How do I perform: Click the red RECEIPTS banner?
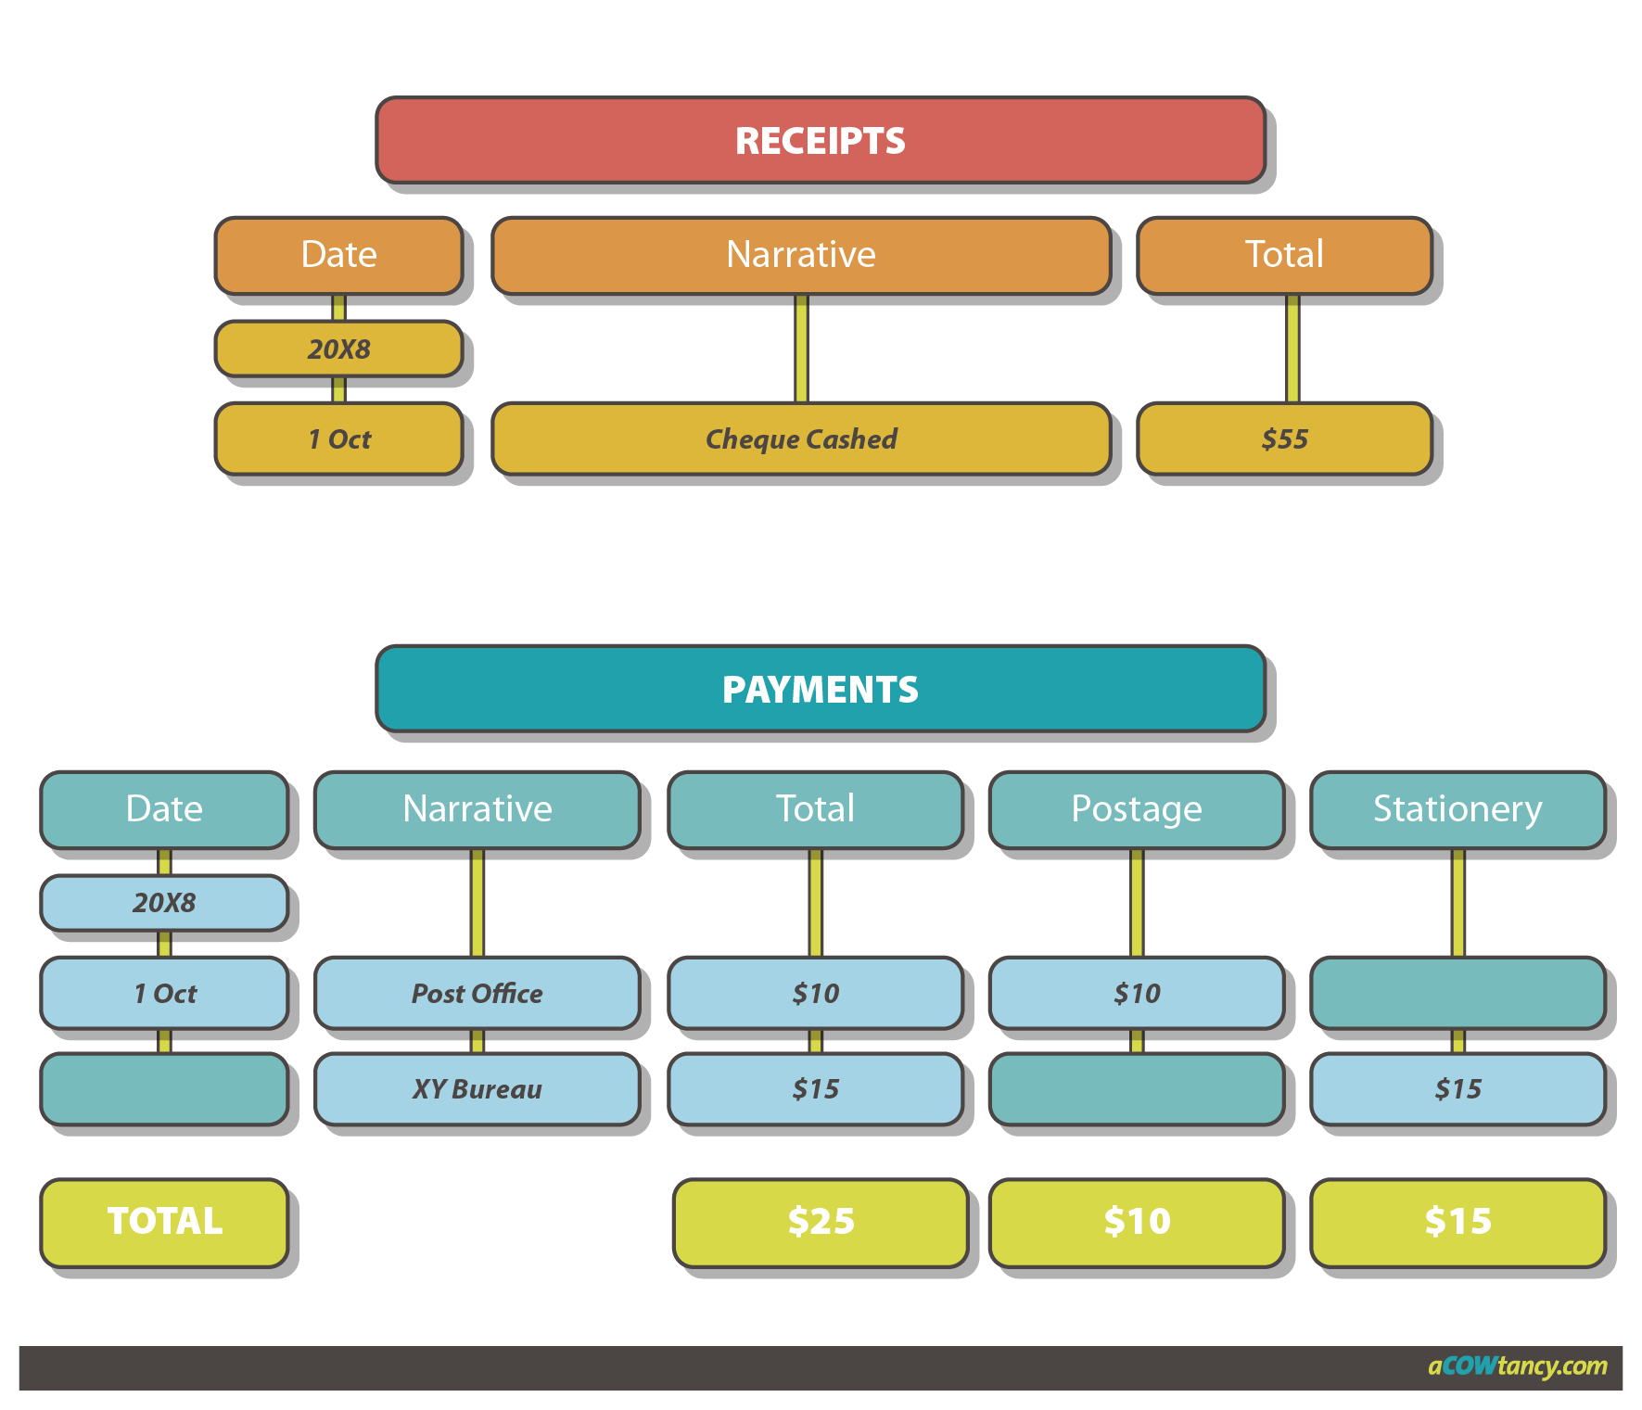pyautogui.click(x=821, y=140)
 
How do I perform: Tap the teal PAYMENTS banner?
pyautogui.click(x=821, y=689)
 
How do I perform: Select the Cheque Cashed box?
pyautogui.click(x=801, y=438)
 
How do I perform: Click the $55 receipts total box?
pyautogui.click(x=1284, y=438)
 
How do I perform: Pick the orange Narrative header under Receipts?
pyautogui.click(x=801, y=255)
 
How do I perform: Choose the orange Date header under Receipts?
pyautogui.click(x=339, y=255)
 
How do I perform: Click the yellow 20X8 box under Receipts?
pyautogui.click(x=339, y=349)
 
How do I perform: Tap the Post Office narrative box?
pyautogui.click(x=477, y=993)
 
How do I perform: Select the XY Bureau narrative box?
pyautogui.click(x=477, y=1088)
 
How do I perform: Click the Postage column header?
pyautogui.click(x=1137, y=809)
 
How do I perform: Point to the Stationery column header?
pyautogui.click(x=1457, y=809)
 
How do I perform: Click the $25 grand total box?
pyautogui.click(x=821, y=1221)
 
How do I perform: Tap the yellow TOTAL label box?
pyautogui.click(x=165, y=1221)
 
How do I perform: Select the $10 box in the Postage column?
pyautogui.click(x=1137, y=993)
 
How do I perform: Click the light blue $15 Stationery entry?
pyautogui.click(x=1457, y=1088)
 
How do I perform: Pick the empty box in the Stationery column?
pyautogui.click(x=1457, y=993)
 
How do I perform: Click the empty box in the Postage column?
pyautogui.click(x=1137, y=1088)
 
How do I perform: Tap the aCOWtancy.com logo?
pyautogui.click(x=1517, y=1366)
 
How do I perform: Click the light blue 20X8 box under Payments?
pyautogui.click(x=165, y=902)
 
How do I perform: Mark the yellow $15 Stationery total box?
pyautogui.click(x=1457, y=1221)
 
